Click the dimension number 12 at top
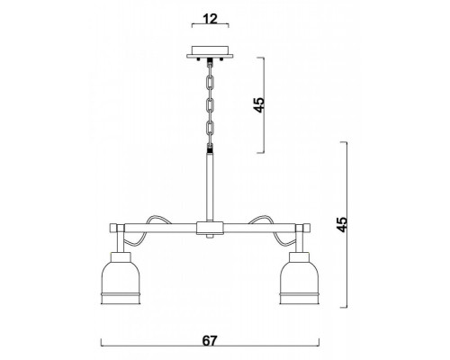(210, 19)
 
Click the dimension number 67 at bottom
(210, 341)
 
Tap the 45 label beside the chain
(259, 104)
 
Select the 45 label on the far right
(342, 224)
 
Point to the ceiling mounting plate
(210, 52)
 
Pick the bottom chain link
(211, 128)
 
